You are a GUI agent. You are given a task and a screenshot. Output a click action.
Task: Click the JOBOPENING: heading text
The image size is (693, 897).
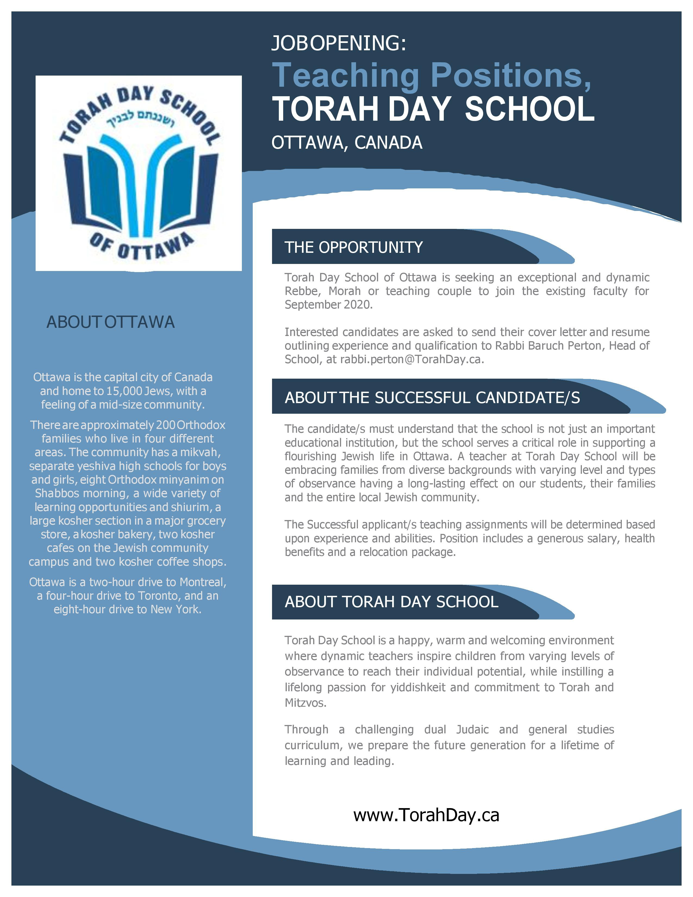(x=338, y=43)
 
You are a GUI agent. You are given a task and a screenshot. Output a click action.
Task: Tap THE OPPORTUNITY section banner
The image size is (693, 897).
(x=354, y=247)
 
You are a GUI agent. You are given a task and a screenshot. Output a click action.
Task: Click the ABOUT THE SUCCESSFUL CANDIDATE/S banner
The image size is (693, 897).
(x=432, y=398)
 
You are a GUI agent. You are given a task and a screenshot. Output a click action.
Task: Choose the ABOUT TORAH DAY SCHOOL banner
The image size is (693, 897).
(x=391, y=602)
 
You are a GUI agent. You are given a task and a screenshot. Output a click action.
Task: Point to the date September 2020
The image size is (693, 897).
(x=329, y=305)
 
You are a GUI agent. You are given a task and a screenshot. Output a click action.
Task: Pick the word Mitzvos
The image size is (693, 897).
(x=305, y=703)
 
